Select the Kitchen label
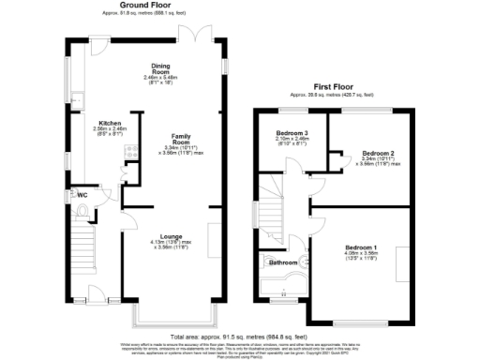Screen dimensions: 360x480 [x=111, y=123]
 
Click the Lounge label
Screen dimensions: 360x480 [x=171, y=236]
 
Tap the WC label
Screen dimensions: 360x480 [x=83, y=195]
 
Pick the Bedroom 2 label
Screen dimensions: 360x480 [x=378, y=152]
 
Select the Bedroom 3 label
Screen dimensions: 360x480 [x=293, y=138]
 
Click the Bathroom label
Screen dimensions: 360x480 [x=283, y=262]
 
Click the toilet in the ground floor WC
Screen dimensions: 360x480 [x=86, y=213]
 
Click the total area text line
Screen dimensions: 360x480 [x=238, y=335]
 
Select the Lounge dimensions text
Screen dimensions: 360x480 [x=171, y=246]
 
